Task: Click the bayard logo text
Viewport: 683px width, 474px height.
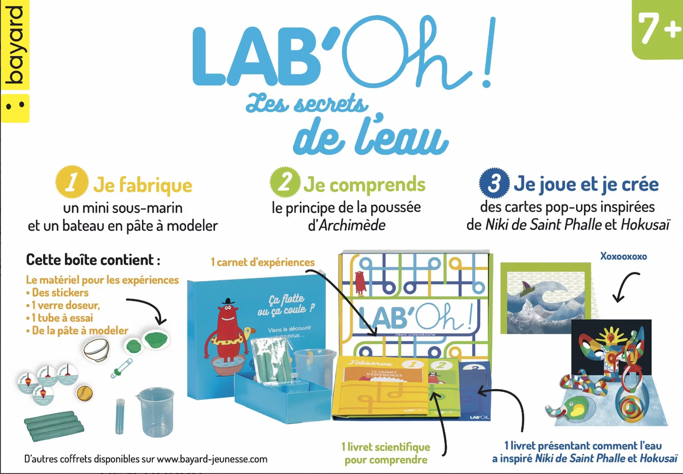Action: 14,45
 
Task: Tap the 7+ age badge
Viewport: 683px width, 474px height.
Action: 658,29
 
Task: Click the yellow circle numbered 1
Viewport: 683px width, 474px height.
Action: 71,182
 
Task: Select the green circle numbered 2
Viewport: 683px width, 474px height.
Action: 285,182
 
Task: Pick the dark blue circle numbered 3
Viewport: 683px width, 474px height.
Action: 494,183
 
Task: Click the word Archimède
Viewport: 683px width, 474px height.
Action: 352,225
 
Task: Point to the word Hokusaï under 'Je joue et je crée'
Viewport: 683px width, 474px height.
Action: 645,225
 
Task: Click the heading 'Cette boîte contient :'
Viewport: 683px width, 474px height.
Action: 93,260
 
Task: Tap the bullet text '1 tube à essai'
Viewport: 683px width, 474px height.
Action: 62,318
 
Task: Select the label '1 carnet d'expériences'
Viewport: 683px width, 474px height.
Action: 262,262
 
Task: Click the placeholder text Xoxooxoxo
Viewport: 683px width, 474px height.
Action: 623,256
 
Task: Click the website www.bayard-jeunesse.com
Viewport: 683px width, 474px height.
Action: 212,459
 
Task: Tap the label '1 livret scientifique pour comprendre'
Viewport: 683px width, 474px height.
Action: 386,453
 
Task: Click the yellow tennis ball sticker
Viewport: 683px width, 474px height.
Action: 85,392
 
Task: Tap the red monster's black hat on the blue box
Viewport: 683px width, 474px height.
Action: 228,301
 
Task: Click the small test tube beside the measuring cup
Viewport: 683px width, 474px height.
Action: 120,415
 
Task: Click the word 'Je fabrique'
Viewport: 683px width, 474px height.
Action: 142,185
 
